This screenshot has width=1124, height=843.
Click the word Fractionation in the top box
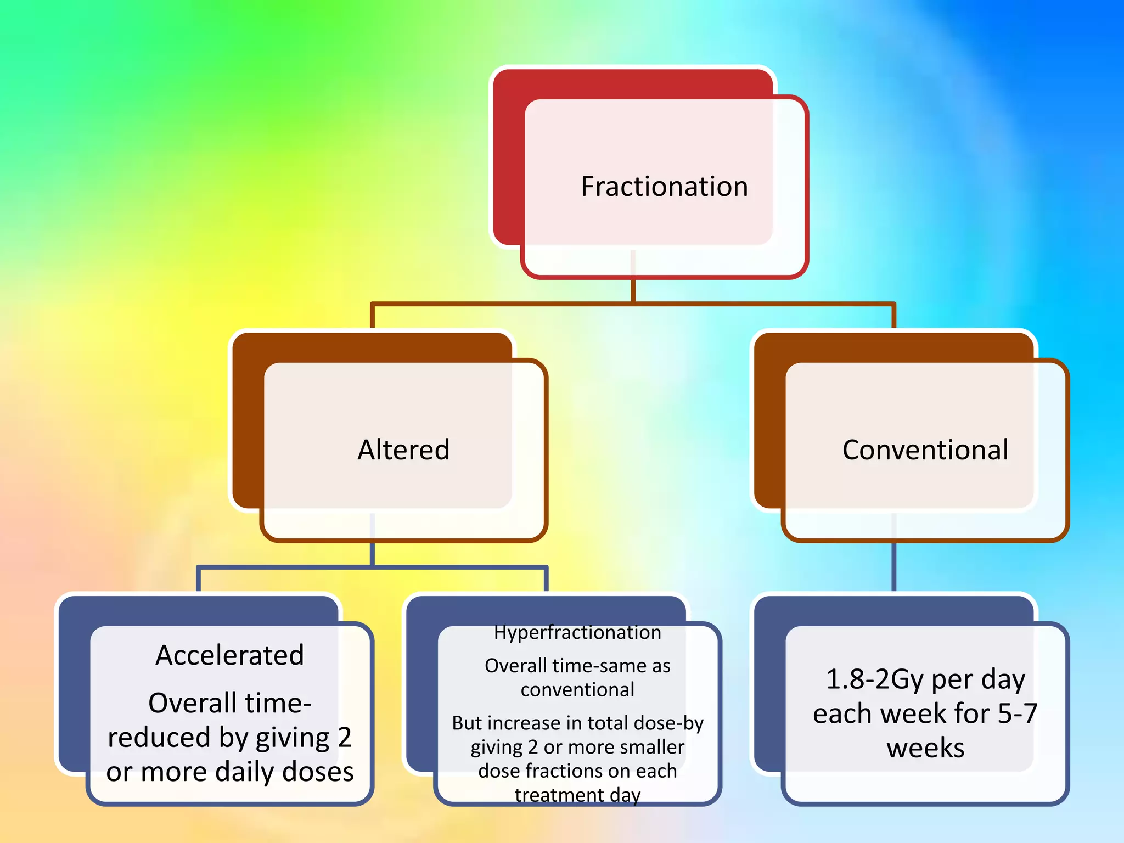click(x=664, y=187)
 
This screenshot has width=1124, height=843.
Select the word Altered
click(x=403, y=450)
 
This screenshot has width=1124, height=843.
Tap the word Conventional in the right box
click(x=925, y=450)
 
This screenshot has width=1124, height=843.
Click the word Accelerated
click(x=229, y=655)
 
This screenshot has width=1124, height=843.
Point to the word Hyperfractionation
click(x=577, y=633)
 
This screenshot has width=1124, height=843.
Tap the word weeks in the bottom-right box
click(x=925, y=748)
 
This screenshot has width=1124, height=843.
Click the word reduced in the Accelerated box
click(x=159, y=738)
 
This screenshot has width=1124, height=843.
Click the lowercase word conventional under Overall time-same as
click(x=577, y=690)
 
